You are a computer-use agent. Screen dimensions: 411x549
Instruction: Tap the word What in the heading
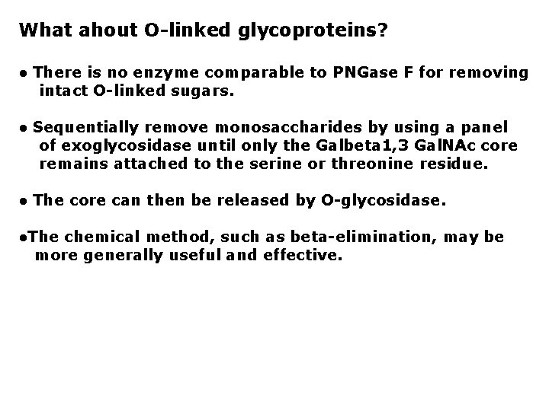(43, 30)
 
